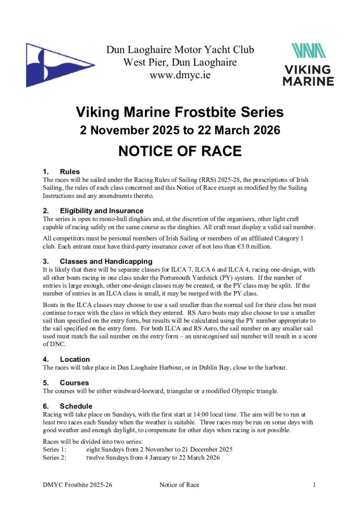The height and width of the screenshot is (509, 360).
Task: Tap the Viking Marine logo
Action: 308,65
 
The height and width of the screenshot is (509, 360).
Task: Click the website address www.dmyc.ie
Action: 180,76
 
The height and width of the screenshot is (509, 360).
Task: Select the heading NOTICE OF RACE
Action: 180,151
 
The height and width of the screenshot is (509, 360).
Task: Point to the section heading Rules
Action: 70,172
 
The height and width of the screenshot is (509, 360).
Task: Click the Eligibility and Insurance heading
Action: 101,211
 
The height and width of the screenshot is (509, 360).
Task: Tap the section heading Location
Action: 75,359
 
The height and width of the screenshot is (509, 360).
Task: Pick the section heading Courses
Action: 74,383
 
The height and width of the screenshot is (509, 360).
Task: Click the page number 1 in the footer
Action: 315,485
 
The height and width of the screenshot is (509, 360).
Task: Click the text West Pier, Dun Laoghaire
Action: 180,63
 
